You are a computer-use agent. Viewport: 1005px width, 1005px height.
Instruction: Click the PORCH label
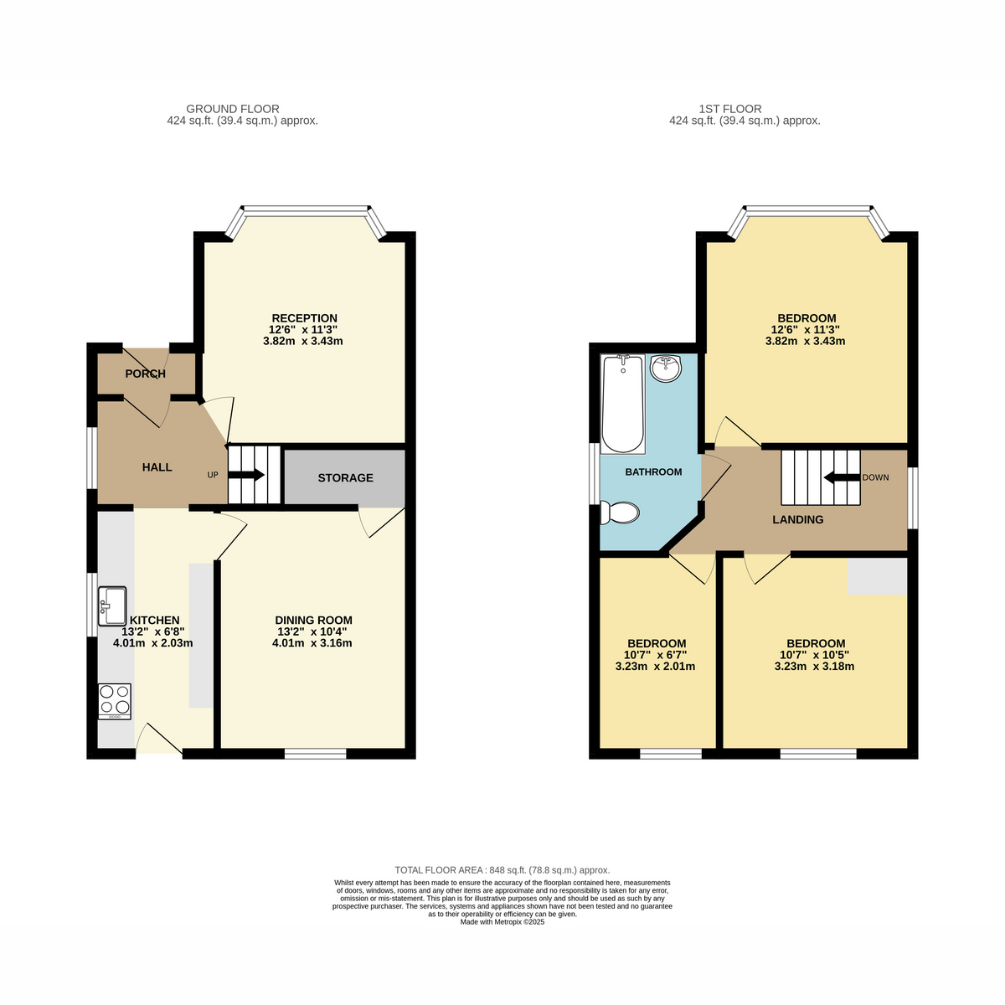(146, 374)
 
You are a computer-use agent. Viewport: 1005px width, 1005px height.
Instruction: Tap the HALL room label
(157, 467)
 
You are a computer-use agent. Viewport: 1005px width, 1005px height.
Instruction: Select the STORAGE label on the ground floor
(345, 477)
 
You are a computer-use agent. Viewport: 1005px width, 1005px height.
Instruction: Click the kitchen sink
(112, 606)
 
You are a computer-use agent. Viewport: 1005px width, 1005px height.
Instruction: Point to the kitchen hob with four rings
(115, 702)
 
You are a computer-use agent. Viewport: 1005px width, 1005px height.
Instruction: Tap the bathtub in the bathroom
(623, 405)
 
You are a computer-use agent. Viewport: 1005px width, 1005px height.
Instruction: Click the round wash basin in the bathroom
(666, 368)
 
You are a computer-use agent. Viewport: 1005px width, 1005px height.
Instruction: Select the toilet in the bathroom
(619, 513)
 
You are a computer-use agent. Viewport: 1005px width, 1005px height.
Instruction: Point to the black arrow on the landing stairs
(841, 477)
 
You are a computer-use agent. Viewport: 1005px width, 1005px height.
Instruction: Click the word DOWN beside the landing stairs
(876, 477)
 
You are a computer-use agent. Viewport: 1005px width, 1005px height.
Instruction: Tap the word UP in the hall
(213, 475)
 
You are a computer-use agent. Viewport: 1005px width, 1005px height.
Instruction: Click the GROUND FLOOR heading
(233, 109)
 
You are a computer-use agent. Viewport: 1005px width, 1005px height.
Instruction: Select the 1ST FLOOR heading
(730, 109)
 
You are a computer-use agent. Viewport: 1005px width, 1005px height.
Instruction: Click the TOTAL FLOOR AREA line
(502, 870)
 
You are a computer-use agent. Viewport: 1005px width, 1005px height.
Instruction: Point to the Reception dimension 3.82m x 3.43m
(303, 342)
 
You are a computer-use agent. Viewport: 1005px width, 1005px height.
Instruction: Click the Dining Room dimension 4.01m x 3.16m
(312, 643)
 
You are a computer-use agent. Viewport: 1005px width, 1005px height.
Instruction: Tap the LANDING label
(798, 519)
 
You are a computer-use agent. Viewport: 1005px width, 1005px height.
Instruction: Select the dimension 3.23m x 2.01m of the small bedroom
(655, 667)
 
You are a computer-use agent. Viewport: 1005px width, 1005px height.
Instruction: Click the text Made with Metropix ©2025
(502, 922)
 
